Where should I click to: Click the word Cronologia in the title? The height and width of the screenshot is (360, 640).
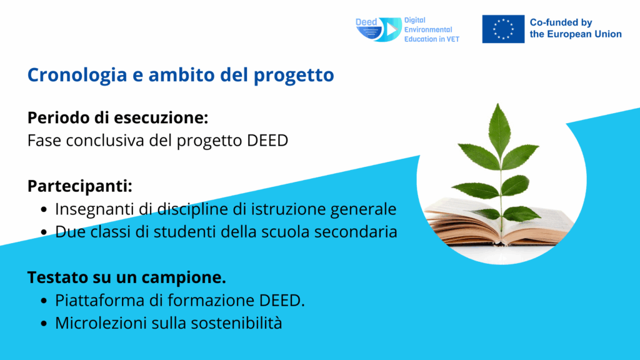pyautogui.click(x=77, y=75)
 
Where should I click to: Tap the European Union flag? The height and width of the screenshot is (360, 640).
pyautogui.click(x=503, y=29)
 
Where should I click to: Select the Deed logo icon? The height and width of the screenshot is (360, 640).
pyautogui.click(x=378, y=29)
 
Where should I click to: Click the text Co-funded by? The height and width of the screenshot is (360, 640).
pyautogui.click(x=561, y=22)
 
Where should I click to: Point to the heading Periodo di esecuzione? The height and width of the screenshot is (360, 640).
pyautogui.click(x=118, y=117)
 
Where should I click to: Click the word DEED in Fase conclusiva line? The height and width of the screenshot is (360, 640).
pyautogui.click(x=267, y=141)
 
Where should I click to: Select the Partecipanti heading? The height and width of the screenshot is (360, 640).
pyautogui.click(x=80, y=186)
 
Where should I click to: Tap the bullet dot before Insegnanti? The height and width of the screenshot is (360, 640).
pyautogui.click(x=44, y=210)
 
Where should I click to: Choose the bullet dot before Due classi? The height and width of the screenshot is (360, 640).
pyautogui.click(x=44, y=232)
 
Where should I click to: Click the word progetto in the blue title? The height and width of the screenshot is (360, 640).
pyautogui.click(x=294, y=76)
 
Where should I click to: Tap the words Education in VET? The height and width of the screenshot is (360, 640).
pyautogui.click(x=431, y=39)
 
